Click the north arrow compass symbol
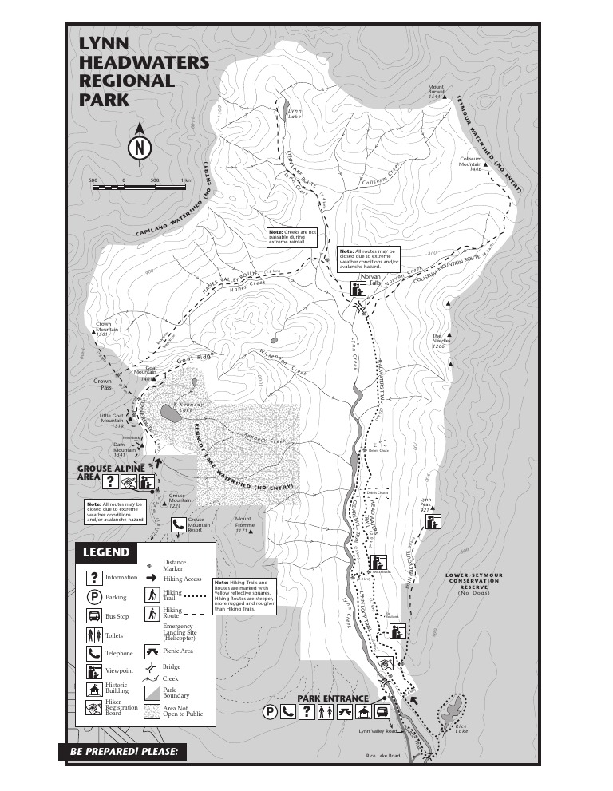(x=140, y=148)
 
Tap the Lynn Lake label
(x=295, y=114)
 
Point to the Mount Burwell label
(x=436, y=91)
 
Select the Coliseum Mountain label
(x=471, y=164)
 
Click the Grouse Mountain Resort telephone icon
(x=178, y=524)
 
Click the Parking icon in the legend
(x=94, y=596)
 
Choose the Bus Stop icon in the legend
(x=94, y=615)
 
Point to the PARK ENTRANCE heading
(x=333, y=698)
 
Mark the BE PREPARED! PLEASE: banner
(x=123, y=752)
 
